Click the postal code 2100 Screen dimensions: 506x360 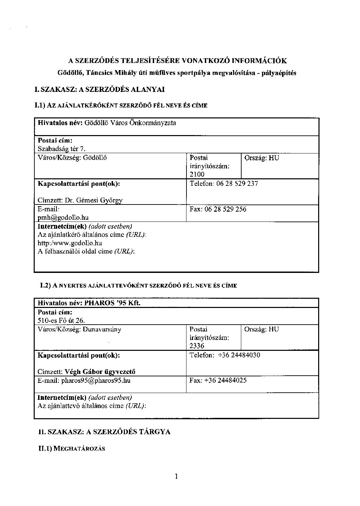[x=197, y=174]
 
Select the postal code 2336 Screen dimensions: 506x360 [x=197, y=346]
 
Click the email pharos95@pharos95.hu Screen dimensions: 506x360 [x=96, y=380]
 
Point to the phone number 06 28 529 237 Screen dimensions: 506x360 [x=237, y=183]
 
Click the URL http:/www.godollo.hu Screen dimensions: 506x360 [x=70, y=243]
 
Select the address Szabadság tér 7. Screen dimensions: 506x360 [x=62, y=149]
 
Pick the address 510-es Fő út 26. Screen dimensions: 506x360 [x=61, y=320]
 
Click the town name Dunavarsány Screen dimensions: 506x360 [x=102, y=329]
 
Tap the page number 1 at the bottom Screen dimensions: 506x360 [x=176, y=476]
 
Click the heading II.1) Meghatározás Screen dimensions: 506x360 [x=71, y=448]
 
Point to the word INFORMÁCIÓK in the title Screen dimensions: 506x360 [x=259, y=61]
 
